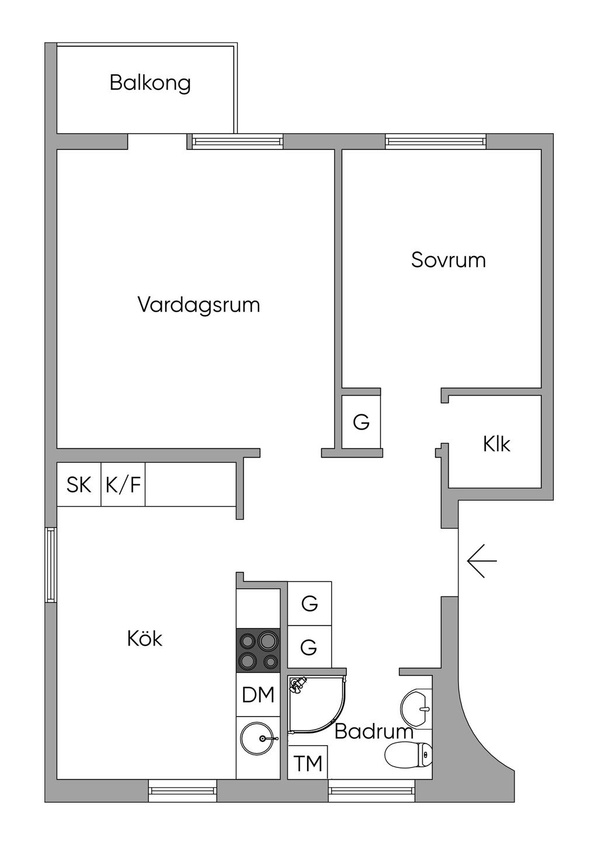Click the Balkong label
(x=150, y=83)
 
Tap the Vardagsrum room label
(x=199, y=305)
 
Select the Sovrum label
(x=448, y=260)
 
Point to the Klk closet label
(x=496, y=444)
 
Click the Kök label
(x=145, y=638)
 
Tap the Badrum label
(x=374, y=731)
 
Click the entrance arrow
(x=481, y=561)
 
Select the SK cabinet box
(x=79, y=484)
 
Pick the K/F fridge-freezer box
(x=123, y=484)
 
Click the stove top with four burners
(x=258, y=651)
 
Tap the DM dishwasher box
(x=258, y=694)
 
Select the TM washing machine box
(x=308, y=763)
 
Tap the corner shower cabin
(x=315, y=705)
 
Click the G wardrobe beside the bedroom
(x=361, y=422)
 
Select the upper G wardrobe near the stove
(x=310, y=603)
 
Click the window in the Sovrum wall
(x=435, y=141)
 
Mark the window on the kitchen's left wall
(x=51, y=565)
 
